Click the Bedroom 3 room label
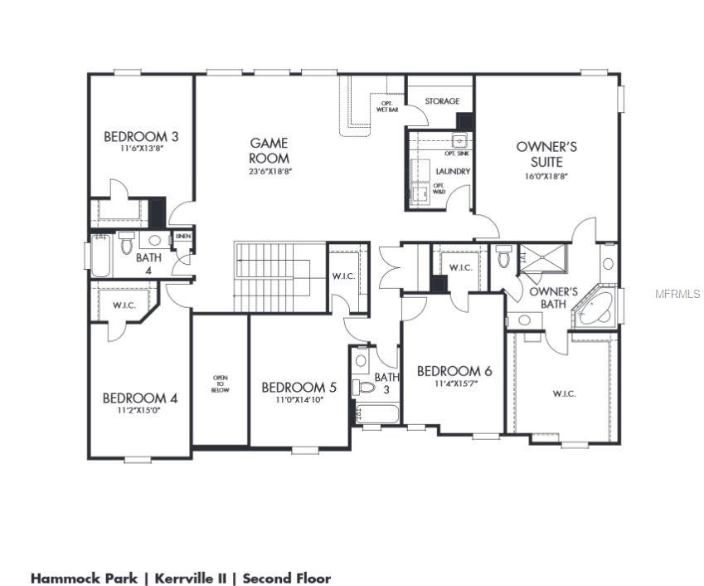(141, 136)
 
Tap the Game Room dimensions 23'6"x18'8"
(269, 172)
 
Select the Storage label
(442, 101)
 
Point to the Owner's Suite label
(546, 154)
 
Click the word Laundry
(453, 171)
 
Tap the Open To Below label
(220, 383)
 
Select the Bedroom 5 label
(299, 387)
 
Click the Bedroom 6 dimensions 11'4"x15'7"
(454, 384)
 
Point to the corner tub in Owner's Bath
(598, 307)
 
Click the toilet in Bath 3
(364, 388)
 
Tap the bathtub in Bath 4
(101, 256)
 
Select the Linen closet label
(183, 237)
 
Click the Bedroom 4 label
(140, 398)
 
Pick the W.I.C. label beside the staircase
(343, 276)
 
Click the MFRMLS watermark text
(677, 294)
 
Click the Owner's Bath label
(553, 297)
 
